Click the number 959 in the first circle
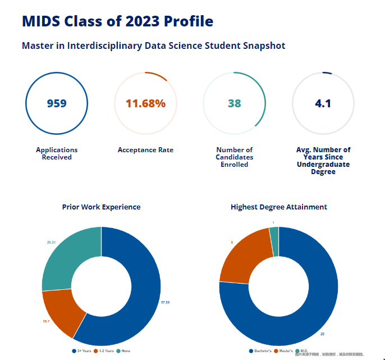coord(57,103)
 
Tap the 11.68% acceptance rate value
coord(145,103)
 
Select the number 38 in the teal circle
coord(234,103)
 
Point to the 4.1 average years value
coord(323,103)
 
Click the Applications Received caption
coord(57,153)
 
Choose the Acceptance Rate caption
coord(145,150)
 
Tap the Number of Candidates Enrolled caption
coord(234,157)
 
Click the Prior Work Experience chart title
coord(101,207)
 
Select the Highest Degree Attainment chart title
coord(279,207)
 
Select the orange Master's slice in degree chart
coord(241,256)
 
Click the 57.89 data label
coord(165,302)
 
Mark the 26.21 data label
coord(51,242)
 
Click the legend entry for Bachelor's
coord(260,351)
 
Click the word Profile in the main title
coord(189,21)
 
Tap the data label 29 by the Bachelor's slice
coord(322,334)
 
